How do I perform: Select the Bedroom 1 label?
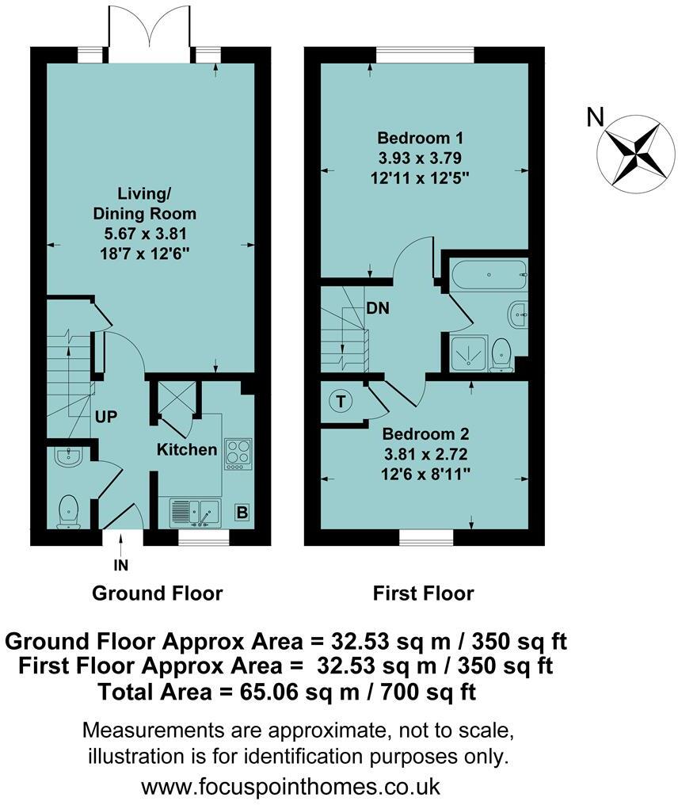(x=425, y=136)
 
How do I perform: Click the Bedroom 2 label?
(x=425, y=434)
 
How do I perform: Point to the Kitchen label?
(x=187, y=450)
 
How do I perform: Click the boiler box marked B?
(x=242, y=513)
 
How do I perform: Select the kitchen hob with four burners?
(x=237, y=453)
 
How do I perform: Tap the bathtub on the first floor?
(x=489, y=277)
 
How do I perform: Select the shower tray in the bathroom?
(x=467, y=353)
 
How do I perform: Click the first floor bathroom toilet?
(x=501, y=353)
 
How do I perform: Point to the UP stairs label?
(x=105, y=415)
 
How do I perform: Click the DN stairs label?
(x=377, y=309)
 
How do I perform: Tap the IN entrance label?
(x=121, y=566)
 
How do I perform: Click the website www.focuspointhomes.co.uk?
(x=290, y=787)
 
